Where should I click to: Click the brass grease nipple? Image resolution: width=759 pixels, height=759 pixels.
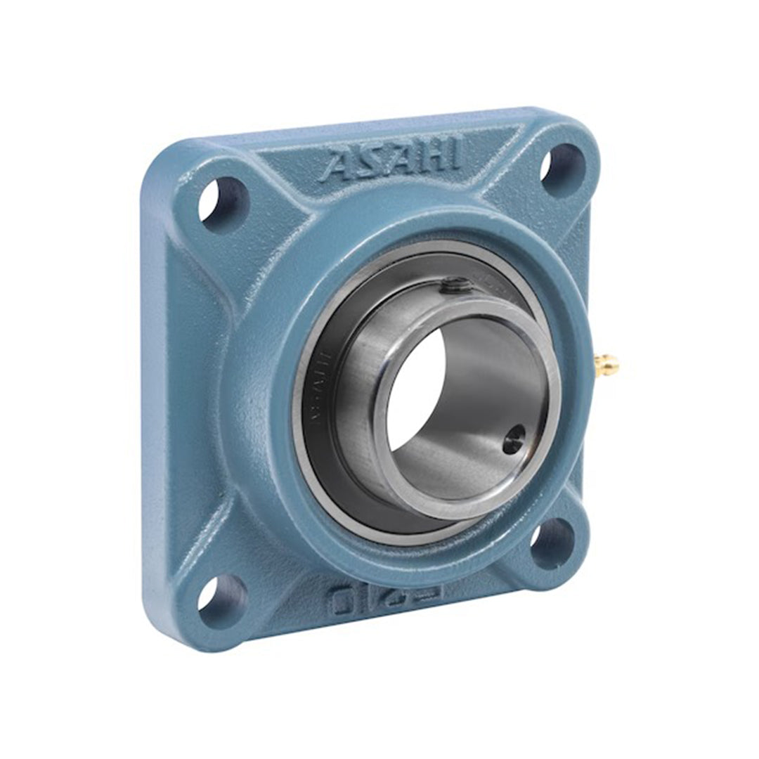(x=605, y=364)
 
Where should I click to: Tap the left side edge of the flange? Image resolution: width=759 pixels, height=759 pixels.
(x=156, y=394)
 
